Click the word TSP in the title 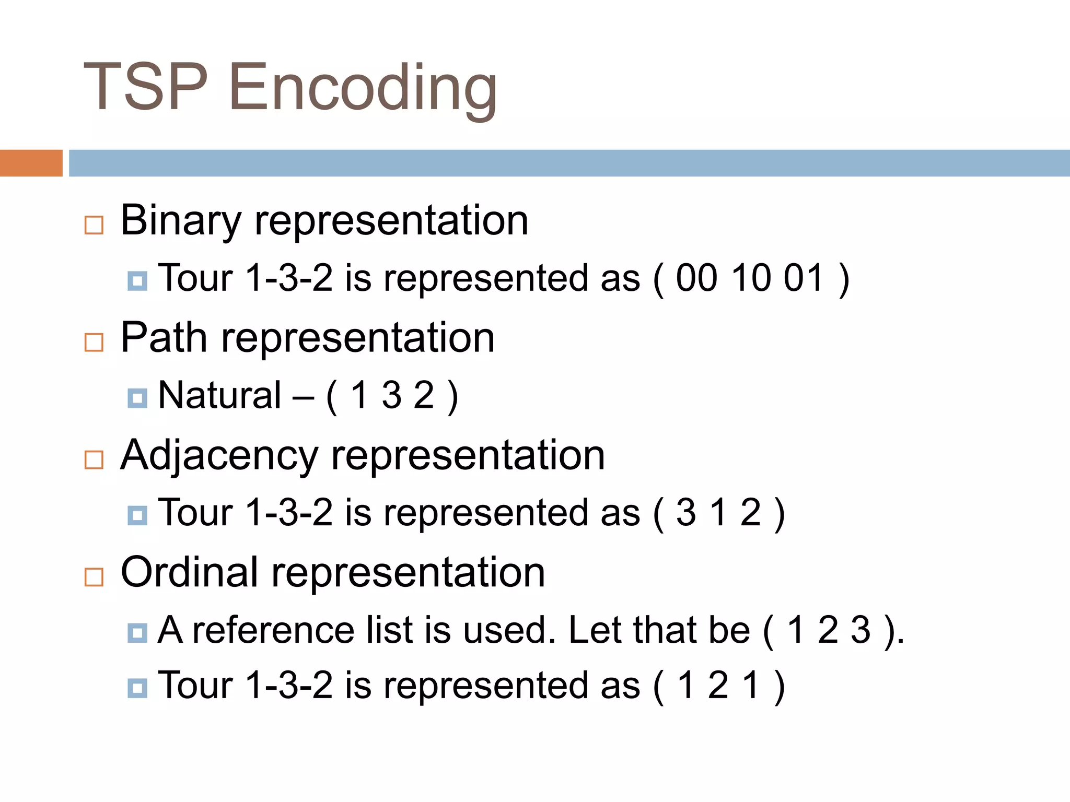(146, 87)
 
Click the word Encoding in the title (363, 88)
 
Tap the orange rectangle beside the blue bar (31, 163)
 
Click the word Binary (180, 220)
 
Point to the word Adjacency (219, 455)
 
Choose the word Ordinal (189, 572)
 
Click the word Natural (219, 395)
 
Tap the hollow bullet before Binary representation (94, 225)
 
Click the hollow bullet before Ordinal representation (94, 577)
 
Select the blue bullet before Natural (137, 398)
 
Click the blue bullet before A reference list (137, 633)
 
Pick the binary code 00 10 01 (749, 278)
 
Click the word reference (273, 630)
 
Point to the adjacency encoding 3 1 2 (718, 513)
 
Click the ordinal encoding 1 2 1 (718, 685)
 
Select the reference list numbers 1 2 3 (829, 630)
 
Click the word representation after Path (358, 338)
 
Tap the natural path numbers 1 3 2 (392, 395)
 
